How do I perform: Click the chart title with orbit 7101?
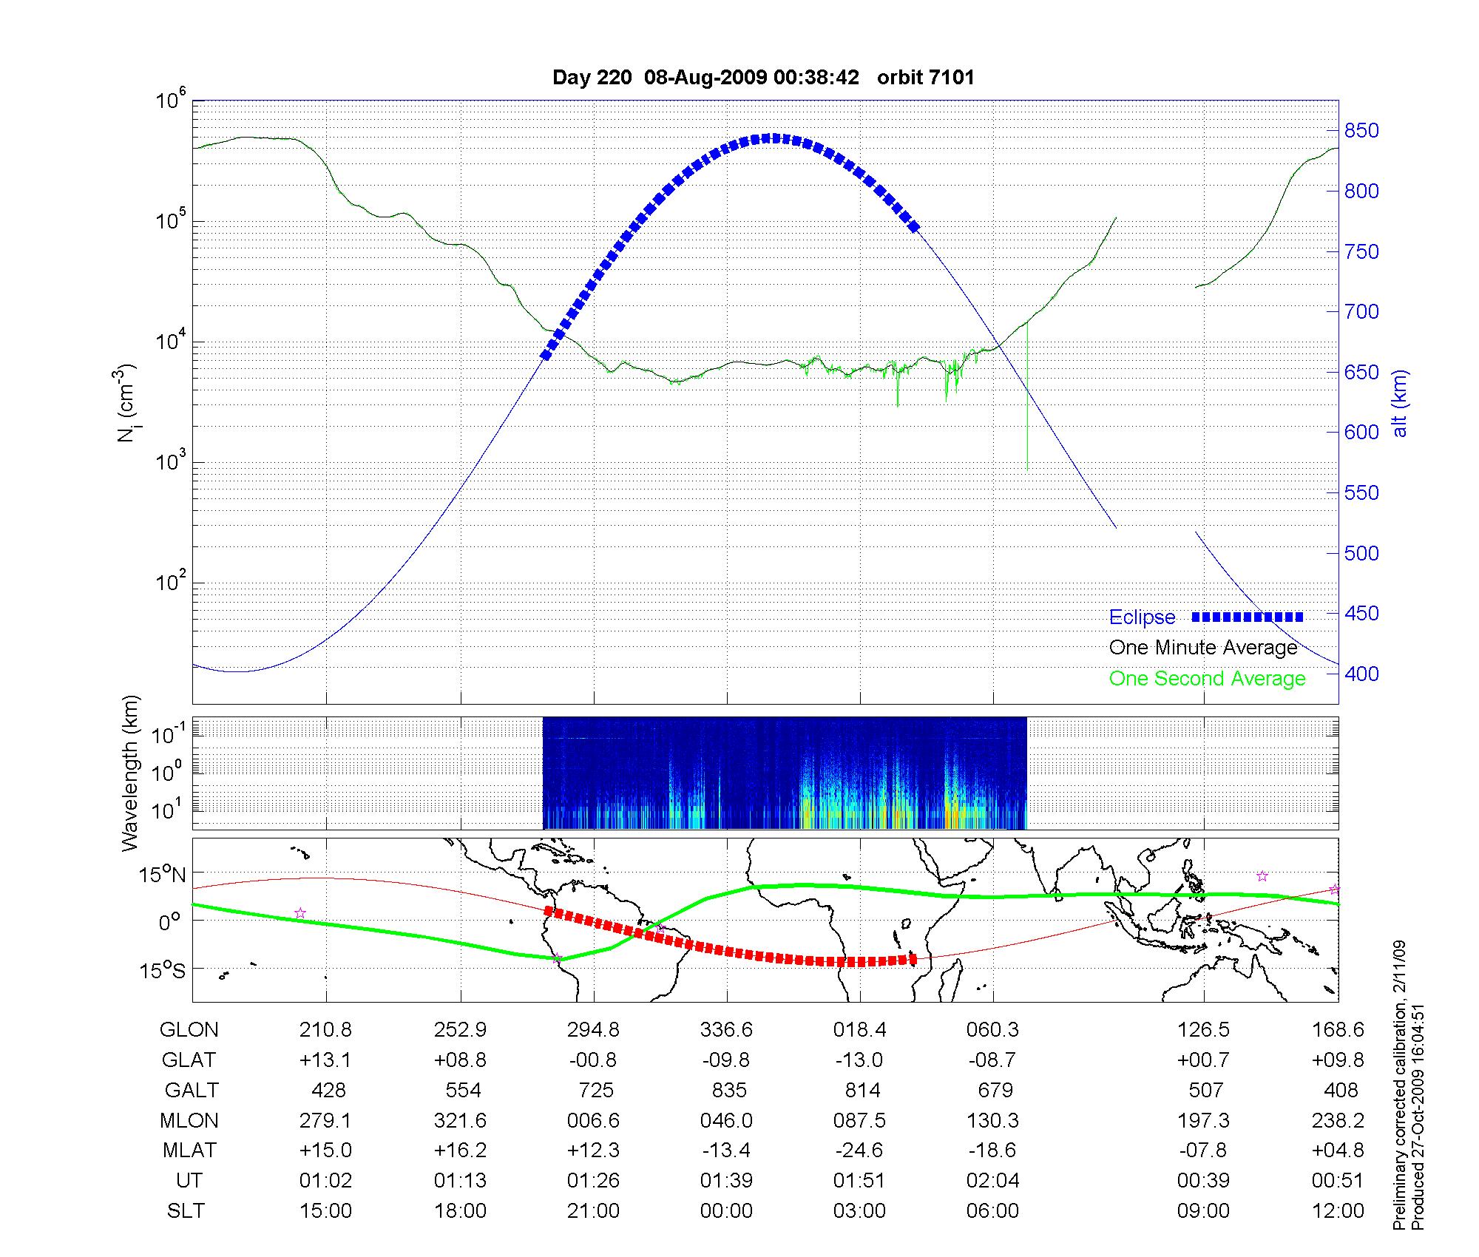pos(763,77)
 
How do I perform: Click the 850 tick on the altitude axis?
pos(1361,131)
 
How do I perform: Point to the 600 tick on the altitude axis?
pos(1361,433)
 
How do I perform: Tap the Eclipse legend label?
pos(1142,617)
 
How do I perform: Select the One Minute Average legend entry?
pos(1203,648)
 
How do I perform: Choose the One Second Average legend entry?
pos(1207,679)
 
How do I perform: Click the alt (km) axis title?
pos(1400,403)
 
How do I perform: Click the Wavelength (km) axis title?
pos(130,773)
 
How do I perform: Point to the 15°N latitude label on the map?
pos(163,875)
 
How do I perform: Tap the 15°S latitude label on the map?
pos(163,969)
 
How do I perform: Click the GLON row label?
pos(189,1030)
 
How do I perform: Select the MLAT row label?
pos(189,1151)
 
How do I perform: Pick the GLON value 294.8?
pos(593,1030)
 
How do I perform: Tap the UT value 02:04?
pos(992,1181)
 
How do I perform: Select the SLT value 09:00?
pos(1203,1211)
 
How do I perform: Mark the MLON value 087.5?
pos(859,1121)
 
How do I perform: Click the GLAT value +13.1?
pos(325,1060)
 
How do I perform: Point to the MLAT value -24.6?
pos(859,1151)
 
